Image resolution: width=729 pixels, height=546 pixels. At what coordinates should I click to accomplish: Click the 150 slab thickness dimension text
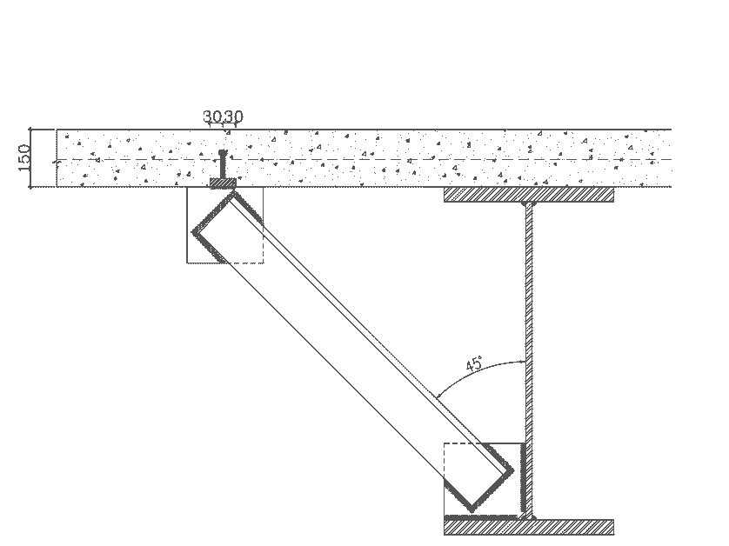24,157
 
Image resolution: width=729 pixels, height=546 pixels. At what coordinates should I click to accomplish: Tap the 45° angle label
474,363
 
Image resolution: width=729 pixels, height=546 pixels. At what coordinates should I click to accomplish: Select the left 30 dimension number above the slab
212,117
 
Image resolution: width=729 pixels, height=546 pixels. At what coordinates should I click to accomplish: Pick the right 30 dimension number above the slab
233,117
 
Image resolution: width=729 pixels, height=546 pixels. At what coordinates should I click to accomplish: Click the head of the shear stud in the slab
223,153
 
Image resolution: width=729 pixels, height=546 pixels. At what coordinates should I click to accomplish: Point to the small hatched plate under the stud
224,183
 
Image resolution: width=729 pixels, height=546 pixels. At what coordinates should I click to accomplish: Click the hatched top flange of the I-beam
529,195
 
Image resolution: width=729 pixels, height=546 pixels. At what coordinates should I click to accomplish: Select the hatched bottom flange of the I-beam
529,528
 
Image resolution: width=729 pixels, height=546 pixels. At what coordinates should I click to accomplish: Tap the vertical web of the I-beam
529,361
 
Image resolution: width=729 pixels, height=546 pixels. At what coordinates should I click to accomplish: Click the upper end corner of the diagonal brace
233,192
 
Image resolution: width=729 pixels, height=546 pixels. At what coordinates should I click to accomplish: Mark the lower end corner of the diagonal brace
472,510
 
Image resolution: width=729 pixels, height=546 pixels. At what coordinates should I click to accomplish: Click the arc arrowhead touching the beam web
523,362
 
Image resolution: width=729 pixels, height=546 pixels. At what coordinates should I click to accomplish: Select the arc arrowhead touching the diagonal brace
438,396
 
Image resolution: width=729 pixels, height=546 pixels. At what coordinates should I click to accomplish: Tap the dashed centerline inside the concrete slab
364,160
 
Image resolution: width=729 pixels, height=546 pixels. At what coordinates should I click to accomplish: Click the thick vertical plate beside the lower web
523,480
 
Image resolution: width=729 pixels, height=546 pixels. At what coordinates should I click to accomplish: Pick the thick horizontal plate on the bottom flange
482,516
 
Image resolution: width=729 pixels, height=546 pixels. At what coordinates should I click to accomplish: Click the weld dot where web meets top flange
529,203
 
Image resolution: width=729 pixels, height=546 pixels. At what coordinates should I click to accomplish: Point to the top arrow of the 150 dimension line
30,130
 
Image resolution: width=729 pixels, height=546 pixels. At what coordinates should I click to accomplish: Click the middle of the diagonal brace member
353,351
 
